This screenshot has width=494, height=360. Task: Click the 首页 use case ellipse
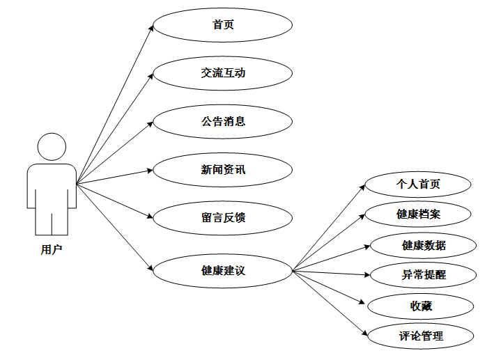[x=222, y=25]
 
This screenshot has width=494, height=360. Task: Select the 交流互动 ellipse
[x=222, y=73]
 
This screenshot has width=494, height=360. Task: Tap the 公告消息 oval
[x=222, y=121]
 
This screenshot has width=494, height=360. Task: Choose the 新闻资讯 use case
[x=222, y=169]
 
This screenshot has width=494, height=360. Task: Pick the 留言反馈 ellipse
[x=222, y=218]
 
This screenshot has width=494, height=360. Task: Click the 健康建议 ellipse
[x=222, y=270]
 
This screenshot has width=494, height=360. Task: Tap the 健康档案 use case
[x=418, y=214]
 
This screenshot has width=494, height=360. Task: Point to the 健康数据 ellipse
[x=424, y=245]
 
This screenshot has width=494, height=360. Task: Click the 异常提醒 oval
[x=424, y=275]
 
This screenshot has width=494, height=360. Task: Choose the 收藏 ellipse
[x=421, y=306]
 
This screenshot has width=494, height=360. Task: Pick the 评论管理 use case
[x=421, y=336]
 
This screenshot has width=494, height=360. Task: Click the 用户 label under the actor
[x=51, y=248]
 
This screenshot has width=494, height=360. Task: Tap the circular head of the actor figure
[x=51, y=147]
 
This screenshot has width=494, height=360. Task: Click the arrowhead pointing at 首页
[x=150, y=27]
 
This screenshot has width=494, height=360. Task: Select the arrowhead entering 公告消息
[x=150, y=123]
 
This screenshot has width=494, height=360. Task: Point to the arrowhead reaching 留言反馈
[x=149, y=216]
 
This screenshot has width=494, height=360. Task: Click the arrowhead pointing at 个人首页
[x=362, y=187]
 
